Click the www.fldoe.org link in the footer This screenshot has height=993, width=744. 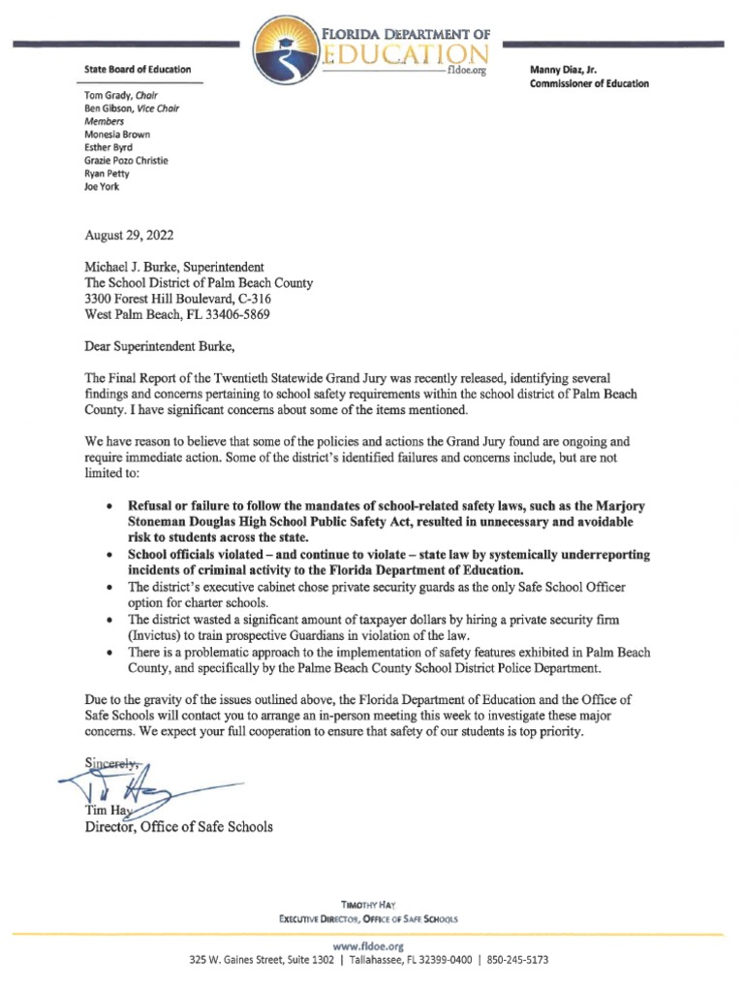371,945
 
